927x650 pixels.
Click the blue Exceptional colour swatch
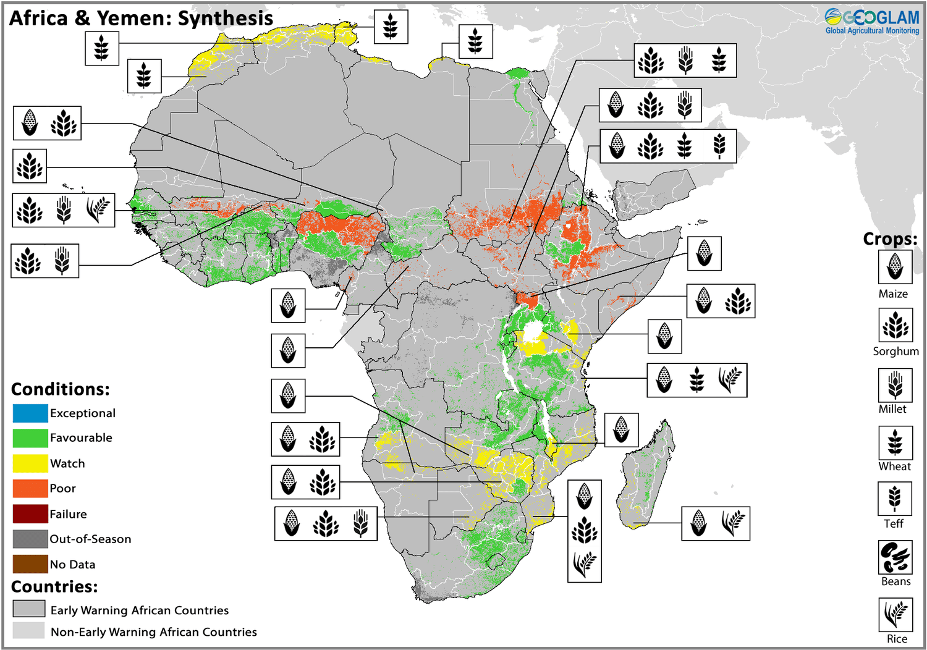coord(30,413)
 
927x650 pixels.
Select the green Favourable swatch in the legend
coord(30,438)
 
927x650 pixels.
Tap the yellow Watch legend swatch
coord(30,463)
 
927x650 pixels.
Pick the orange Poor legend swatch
coord(30,488)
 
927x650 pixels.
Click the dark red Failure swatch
coord(30,513)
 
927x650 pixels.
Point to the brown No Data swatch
coord(30,564)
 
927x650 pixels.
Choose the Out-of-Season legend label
coord(90,539)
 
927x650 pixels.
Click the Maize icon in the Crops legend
coord(895,267)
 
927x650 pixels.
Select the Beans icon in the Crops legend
coord(895,557)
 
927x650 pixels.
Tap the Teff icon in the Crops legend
coord(895,499)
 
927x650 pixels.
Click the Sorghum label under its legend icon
coord(895,351)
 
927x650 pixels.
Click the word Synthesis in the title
coord(225,19)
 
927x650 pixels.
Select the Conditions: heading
coord(60,389)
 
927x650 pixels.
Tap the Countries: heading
coord(54,586)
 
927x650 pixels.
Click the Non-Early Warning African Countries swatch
coord(29,631)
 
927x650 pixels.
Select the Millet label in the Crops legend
coord(892,409)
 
